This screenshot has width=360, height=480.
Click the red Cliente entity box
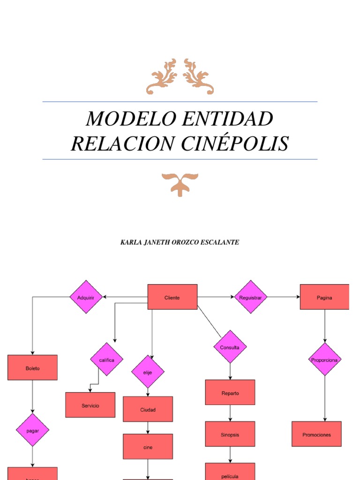click(172, 297)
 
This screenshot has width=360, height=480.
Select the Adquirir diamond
click(86, 297)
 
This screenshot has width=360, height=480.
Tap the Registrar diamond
click(251, 297)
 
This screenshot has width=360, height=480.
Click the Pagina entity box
click(324, 297)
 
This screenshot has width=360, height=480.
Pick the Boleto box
click(32, 367)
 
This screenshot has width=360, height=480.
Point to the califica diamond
click(107, 360)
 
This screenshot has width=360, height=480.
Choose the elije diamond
click(148, 372)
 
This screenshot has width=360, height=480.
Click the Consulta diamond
click(230, 347)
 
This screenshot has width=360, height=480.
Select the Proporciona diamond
click(325, 360)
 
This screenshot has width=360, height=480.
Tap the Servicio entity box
click(90, 405)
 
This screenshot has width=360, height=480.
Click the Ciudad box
click(148, 409)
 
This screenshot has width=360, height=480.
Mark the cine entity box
click(148, 447)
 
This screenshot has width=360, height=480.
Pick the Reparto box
click(230, 392)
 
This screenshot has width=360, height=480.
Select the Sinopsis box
click(230, 434)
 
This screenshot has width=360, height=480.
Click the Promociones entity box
click(316, 434)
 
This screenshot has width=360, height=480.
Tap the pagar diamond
click(32, 430)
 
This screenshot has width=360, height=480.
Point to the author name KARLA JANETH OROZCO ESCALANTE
click(180, 242)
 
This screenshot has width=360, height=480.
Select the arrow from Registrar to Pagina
click(284, 297)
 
